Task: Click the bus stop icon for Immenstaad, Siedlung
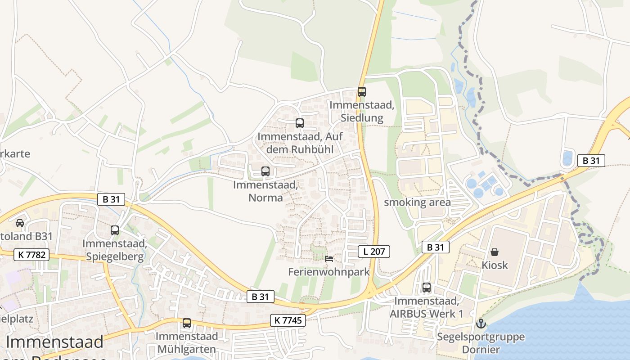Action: point(361,92)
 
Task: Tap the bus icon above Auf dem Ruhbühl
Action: point(299,123)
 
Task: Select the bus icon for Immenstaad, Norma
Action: point(265,171)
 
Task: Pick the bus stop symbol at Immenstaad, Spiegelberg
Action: point(115,230)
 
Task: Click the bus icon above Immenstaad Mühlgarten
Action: point(186,323)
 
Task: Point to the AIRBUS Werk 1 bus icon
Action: point(426,287)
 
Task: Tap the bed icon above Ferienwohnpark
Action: point(329,259)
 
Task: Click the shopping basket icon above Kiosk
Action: point(495,252)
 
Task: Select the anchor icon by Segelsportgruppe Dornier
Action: point(481,323)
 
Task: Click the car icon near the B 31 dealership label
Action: point(20,223)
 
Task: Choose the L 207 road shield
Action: point(374,252)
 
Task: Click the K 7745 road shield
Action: point(288,320)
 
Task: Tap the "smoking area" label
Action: point(417,202)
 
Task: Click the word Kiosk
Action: point(495,265)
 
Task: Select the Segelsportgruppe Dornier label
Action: point(481,343)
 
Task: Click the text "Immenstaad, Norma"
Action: point(265,191)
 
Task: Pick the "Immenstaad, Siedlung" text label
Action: point(362,112)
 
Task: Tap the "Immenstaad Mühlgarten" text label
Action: point(186,342)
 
